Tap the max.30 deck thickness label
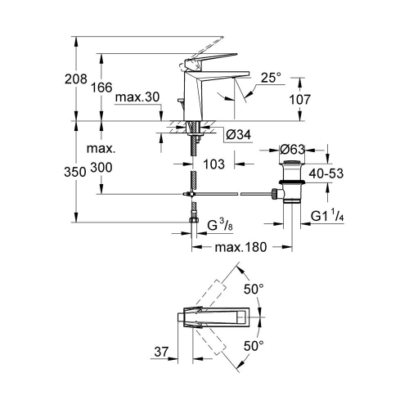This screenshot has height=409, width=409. [x=137, y=99]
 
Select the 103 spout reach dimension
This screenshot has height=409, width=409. [x=214, y=164]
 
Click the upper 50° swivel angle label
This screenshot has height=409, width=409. [x=254, y=289]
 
